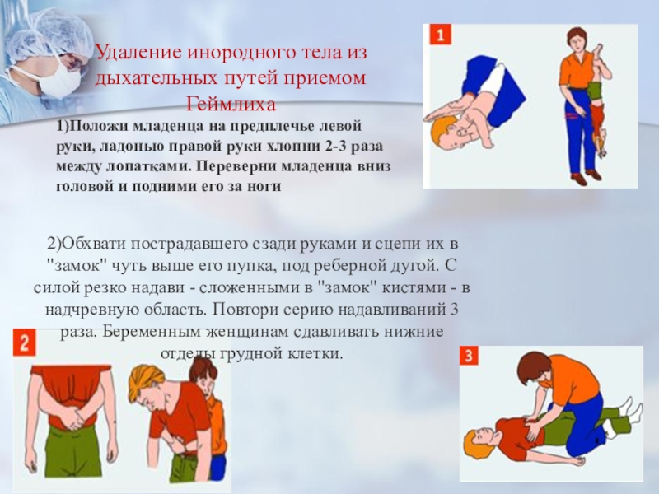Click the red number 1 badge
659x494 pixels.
coord(440,35)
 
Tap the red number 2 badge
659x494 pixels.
coord(25,343)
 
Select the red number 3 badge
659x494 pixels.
coord(468,357)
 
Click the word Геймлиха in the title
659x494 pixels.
coord(231,104)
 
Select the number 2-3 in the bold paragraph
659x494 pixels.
coord(335,147)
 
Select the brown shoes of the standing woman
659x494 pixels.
coord(587,177)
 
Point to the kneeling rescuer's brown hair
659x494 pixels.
coord(532,366)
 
